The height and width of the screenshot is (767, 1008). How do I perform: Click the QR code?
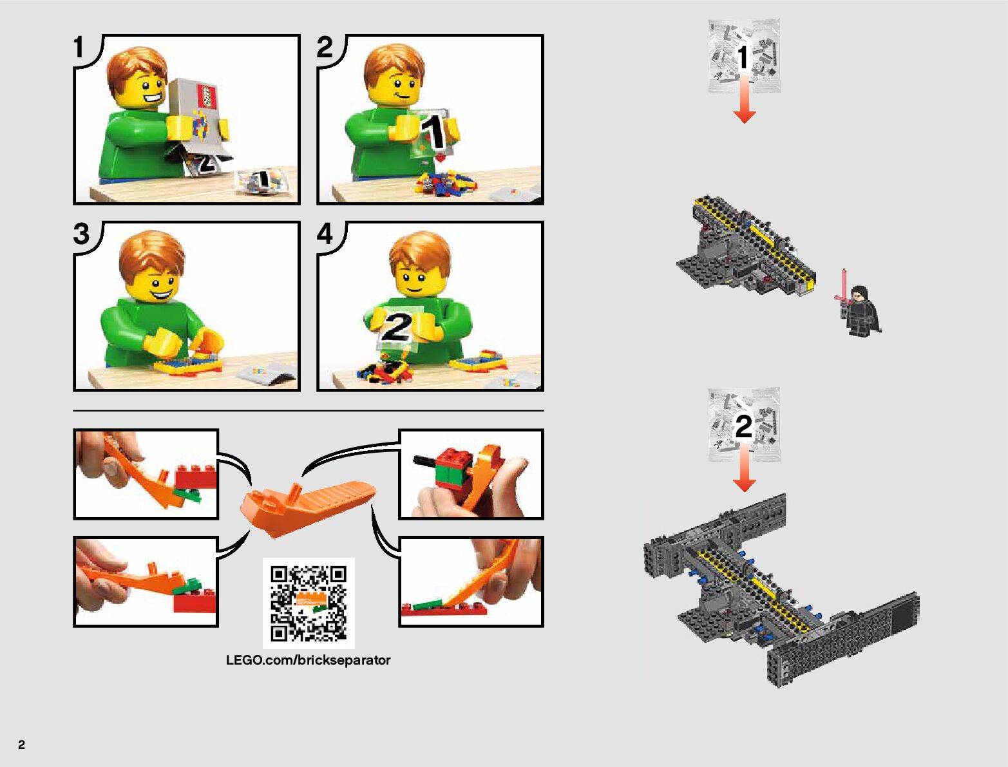tap(309, 603)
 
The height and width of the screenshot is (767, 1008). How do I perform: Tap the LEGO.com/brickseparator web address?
tap(308, 660)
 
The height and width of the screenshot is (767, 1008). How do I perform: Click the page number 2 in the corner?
tap(22, 744)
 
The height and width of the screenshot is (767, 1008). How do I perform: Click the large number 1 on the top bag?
tap(743, 57)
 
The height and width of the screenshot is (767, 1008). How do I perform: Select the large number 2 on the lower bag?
tap(744, 426)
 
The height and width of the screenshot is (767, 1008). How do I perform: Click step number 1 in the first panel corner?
tap(79, 47)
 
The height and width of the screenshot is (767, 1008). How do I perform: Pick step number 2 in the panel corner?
tap(324, 47)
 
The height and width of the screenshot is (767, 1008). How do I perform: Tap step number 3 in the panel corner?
tap(81, 234)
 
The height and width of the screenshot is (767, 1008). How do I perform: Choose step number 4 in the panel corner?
tap(325, 234)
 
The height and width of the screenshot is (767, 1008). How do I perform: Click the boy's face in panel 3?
tap(154, 282)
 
